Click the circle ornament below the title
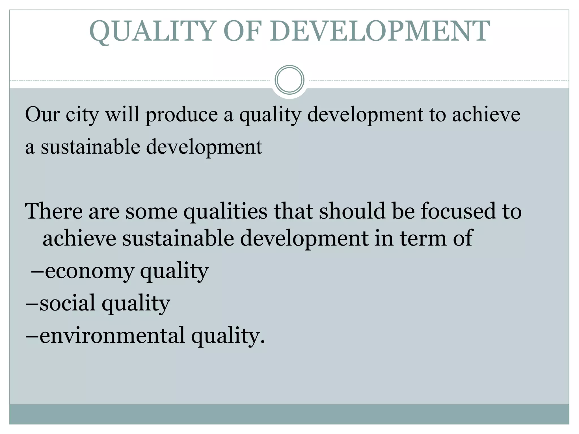[x=289, y=80]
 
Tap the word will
[x=122, y=114]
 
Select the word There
[x=54, y=211]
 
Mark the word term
[x=423, y=238]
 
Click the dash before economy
[x=37, y=271]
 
